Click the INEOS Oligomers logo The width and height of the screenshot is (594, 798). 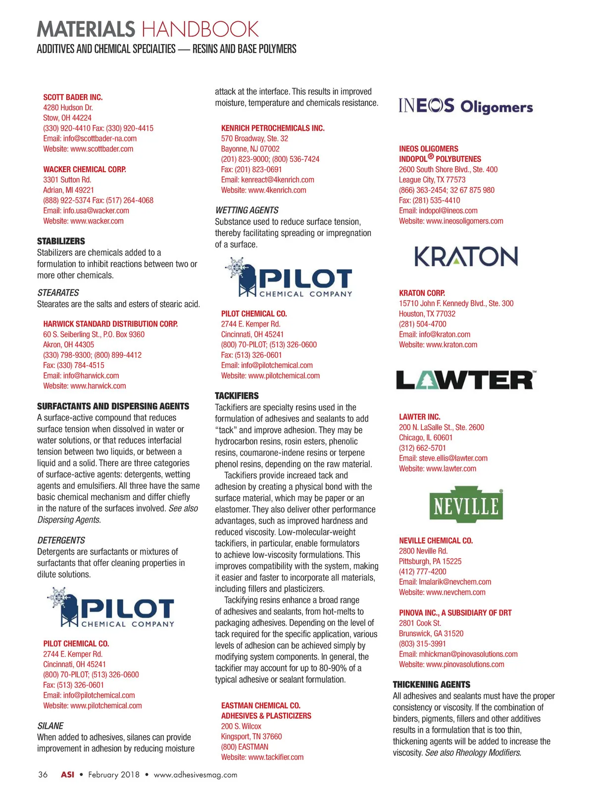[465, 106]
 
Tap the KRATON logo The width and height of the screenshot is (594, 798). [466, 256]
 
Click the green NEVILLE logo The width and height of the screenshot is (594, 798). [466, 505]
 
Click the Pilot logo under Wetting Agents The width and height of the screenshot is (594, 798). [289, 277]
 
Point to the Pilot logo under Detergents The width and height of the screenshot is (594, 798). [111, 607]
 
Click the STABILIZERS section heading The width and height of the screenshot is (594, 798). [61, 241]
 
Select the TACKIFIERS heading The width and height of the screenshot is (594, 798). [237, 396]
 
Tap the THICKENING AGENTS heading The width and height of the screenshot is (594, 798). [431, 685]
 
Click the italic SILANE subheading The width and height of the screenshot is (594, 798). [50, 726]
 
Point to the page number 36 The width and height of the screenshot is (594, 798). [43, 775]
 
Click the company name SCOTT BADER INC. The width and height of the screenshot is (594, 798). [73, 97]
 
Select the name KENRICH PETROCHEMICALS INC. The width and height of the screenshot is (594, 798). [273, 128]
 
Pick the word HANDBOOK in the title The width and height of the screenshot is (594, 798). [200, 30]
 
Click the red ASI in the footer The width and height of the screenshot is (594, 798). [67, 775]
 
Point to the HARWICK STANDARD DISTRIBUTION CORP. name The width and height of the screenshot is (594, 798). [110, 324]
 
